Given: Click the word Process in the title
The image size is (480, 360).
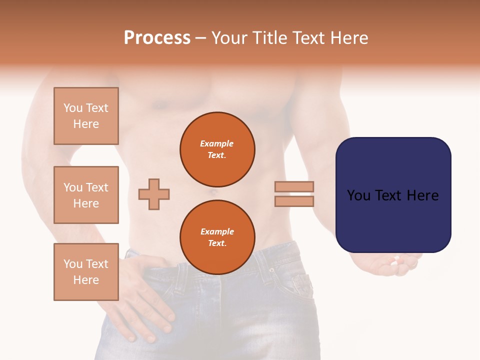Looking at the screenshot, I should click(x=157, y=37).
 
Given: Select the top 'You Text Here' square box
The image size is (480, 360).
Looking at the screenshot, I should click(x=86, y=116).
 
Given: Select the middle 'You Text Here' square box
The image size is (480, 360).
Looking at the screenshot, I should click(x=86, y=195).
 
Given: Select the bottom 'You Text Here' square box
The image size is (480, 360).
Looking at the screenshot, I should click(x=86, y=272).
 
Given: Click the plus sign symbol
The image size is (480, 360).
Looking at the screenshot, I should click(x=154, y=194).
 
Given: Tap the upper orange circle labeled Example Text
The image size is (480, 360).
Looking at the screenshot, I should click(x=217, y=149).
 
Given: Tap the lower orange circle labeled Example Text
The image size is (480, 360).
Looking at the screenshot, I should click(x=217, y=237).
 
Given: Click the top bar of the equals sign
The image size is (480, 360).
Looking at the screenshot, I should click(x=294, y=186).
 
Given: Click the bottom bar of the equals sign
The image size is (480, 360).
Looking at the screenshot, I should click(x=294, y=201).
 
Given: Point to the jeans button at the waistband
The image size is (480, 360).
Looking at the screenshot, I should click(x=272, y=270).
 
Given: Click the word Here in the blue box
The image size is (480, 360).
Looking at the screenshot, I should click(x=422, y=195).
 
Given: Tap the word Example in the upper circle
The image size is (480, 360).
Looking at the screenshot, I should click(x=217, y=143).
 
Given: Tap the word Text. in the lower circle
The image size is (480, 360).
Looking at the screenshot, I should click(x=217, y=243).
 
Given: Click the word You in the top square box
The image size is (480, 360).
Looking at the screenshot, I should click(x=72, y=108).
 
